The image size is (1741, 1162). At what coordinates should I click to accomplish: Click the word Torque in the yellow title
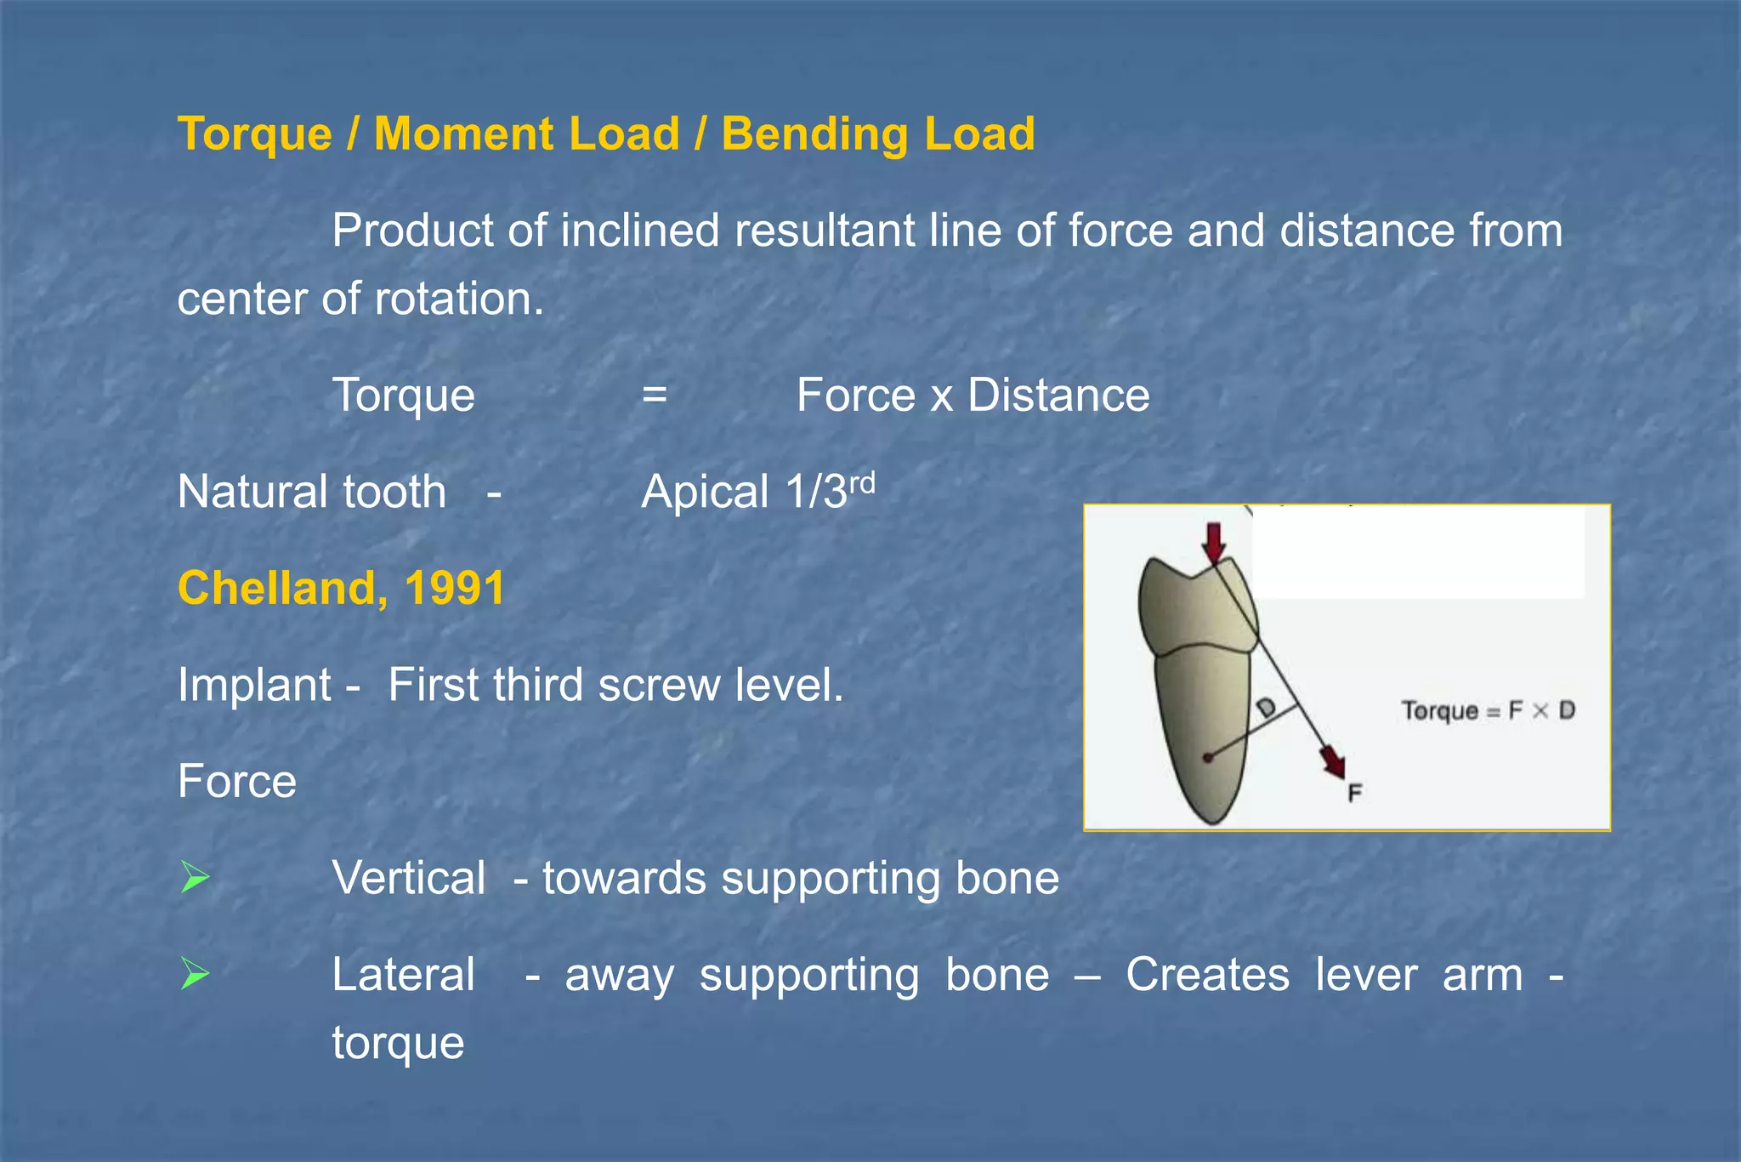tap(254, 134)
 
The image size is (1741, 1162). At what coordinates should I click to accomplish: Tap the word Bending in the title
tap(814, 134)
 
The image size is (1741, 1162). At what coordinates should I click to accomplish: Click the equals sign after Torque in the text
tap(654, 395)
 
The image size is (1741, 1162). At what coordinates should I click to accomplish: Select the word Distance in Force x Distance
tap(1058, 395)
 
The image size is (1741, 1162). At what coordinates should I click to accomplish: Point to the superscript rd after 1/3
tap(862, 482)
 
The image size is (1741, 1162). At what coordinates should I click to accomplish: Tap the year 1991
tap(455, 588)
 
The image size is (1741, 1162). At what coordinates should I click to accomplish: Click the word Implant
tap(254, 685)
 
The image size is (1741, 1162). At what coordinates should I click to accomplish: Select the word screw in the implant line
tap(659, 685)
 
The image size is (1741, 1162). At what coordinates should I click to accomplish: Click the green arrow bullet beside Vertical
tap(195, 877)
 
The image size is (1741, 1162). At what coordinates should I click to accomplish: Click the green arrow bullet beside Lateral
tap(195, 974)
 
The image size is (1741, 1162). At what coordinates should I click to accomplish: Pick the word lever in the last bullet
tap(1366, 974)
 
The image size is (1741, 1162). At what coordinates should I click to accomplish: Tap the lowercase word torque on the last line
tap(398, 1043)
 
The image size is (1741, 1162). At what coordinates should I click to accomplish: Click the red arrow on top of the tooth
tap(1214, 542)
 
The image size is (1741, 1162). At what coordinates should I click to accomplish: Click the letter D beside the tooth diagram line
tap(1266, 707)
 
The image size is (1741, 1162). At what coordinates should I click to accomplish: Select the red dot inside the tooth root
tap(1207, 757)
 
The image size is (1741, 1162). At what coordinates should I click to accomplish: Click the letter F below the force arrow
tap(1355, 793)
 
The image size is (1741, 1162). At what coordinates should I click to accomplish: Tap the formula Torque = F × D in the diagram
tap(1488, 710)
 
